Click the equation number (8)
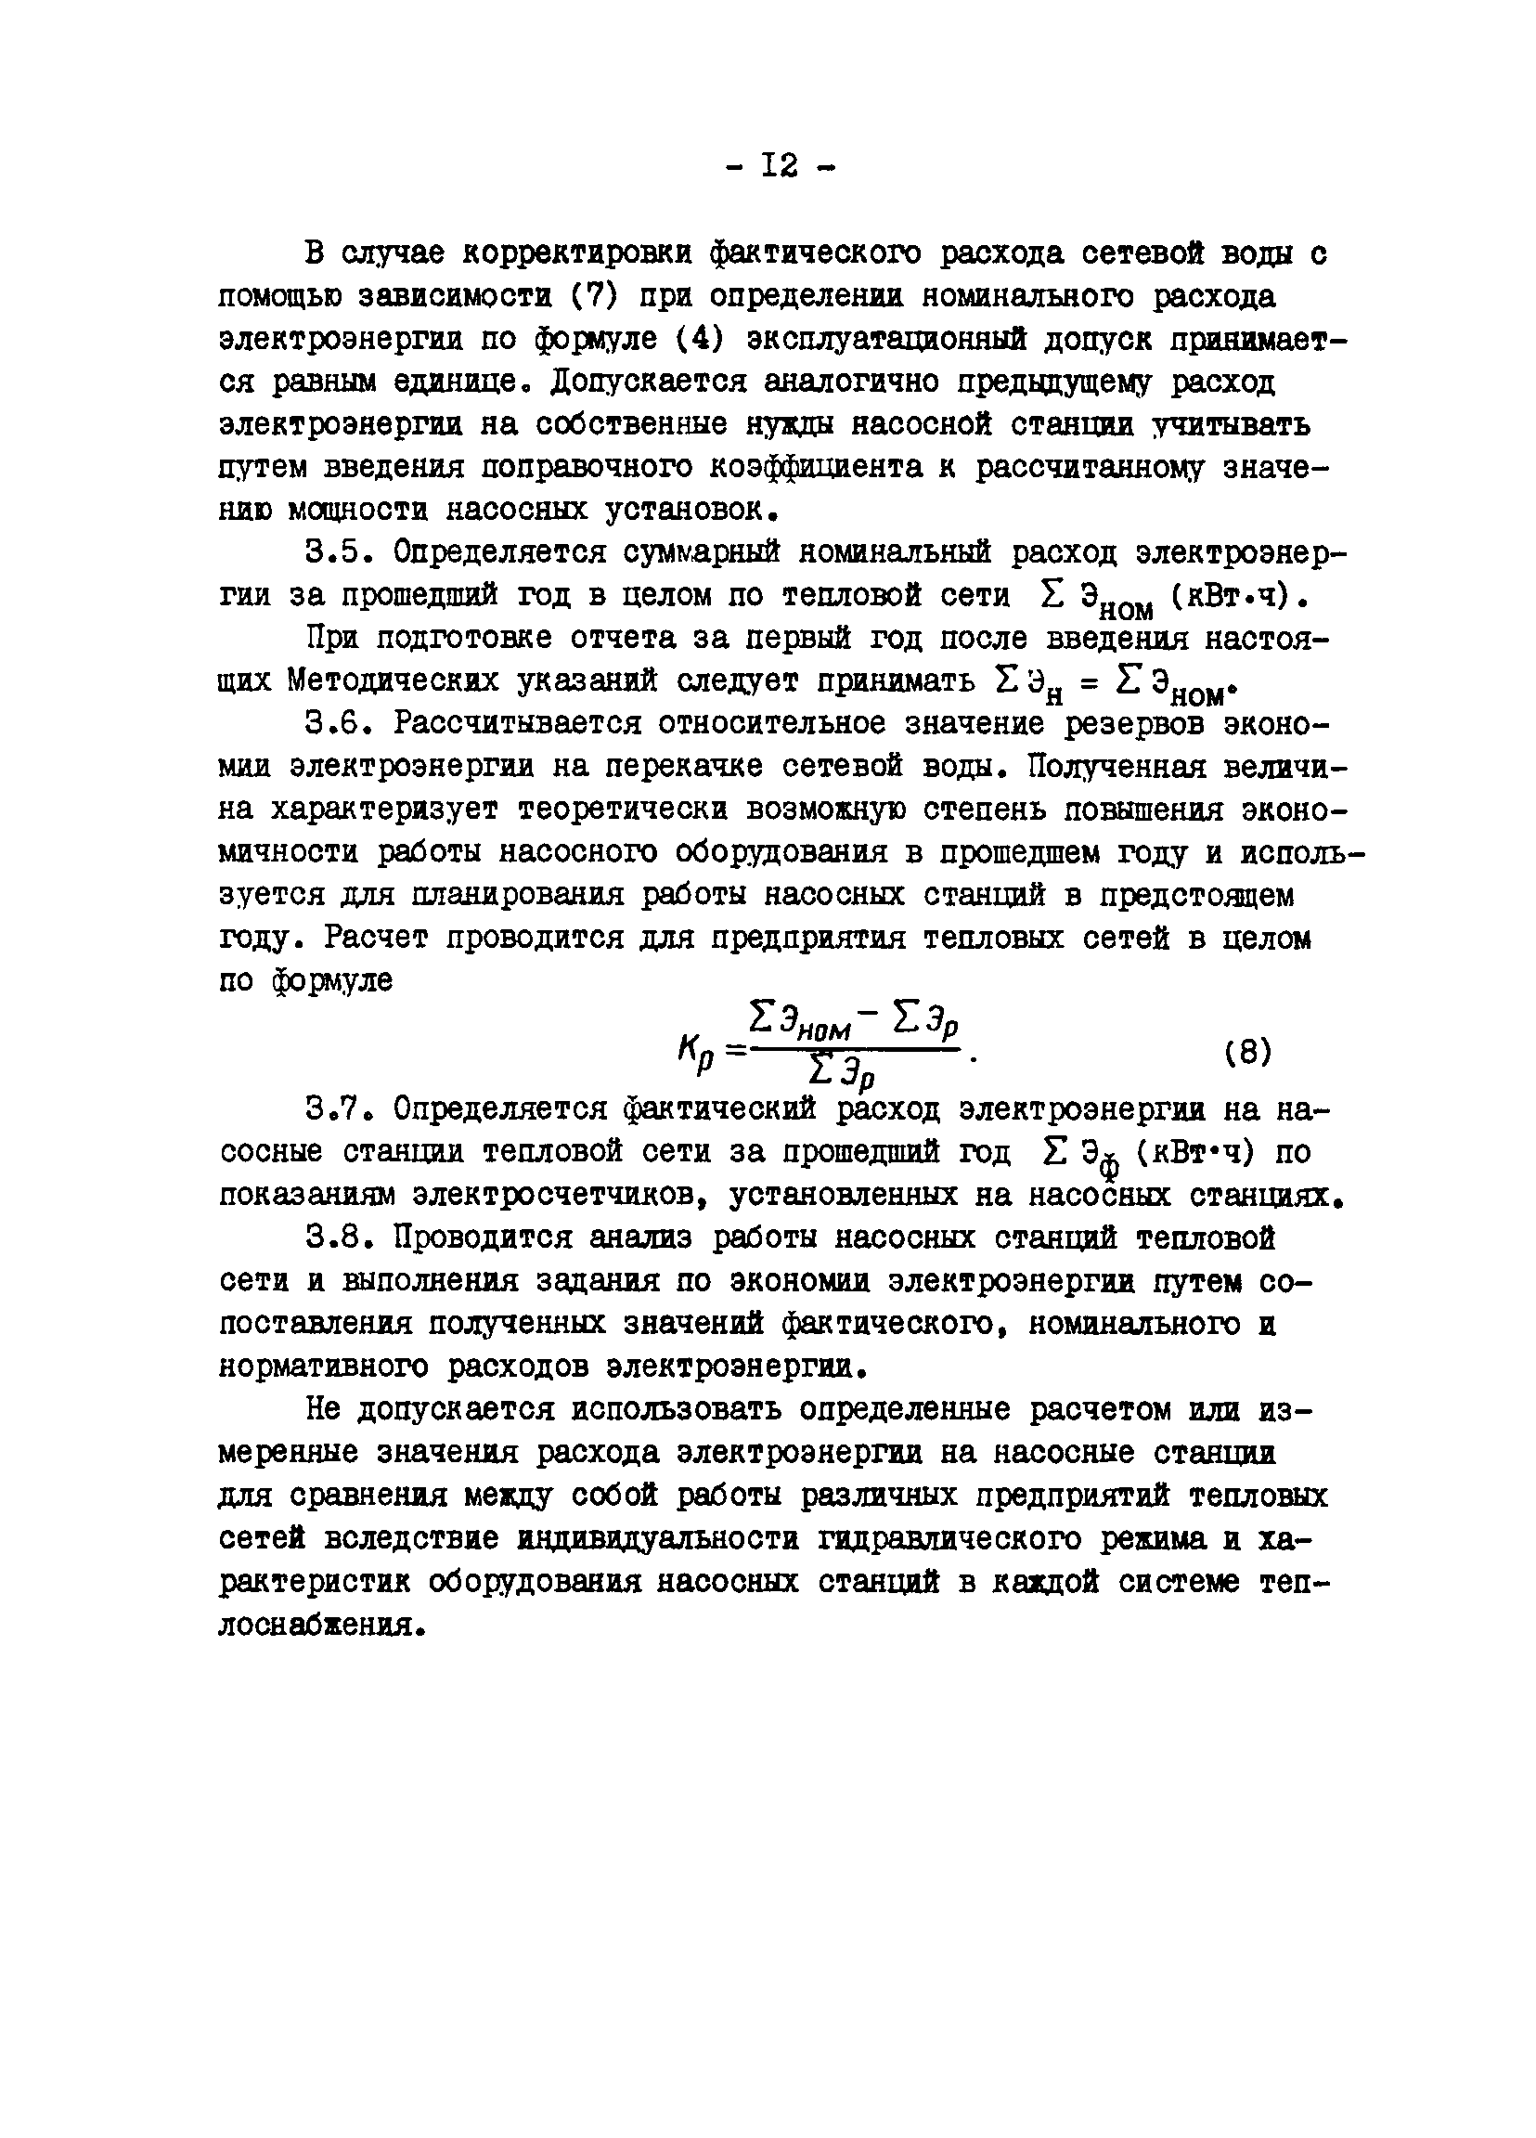[1248, 1051]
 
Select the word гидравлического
[950, 1539]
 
